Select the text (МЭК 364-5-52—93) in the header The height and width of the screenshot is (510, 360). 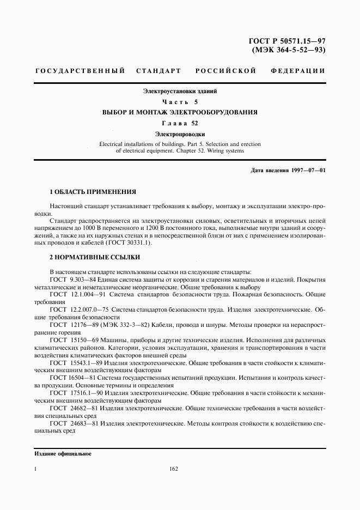[x=289, y=50]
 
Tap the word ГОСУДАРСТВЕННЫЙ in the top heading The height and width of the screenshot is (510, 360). [x=80, y=71]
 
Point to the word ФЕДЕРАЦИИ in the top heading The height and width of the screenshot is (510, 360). [x=298, y=71]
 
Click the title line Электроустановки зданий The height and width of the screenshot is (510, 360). [x=180, y=92]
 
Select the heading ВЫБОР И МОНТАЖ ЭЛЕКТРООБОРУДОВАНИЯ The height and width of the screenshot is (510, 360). [x=180, y=112]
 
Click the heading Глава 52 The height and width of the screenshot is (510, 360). [x=180, y=123]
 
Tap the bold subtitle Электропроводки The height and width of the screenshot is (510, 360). [x=180, y=133]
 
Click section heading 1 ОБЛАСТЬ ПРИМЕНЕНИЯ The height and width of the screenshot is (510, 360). [x=93, y=192]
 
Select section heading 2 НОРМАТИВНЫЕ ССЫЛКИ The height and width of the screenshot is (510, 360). [x=95, y=257]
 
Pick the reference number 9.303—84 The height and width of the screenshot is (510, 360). [x=82, y=279]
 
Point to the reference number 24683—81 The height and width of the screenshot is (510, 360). [x=83, y=422]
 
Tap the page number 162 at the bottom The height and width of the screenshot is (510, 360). [x=174, y=469]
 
